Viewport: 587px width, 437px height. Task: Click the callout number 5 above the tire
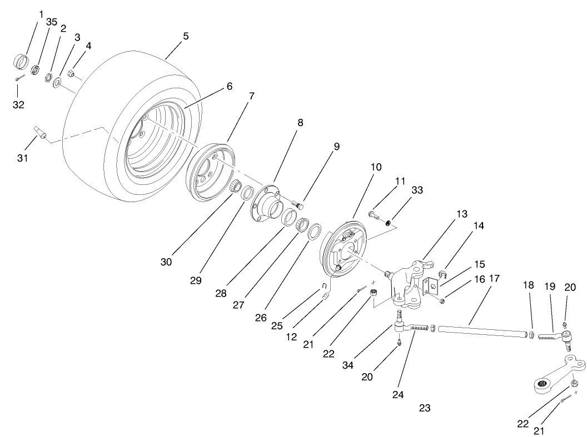coord(186,36)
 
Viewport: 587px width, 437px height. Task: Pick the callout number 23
coord(424,408)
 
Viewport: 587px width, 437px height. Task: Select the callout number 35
coord(51,22)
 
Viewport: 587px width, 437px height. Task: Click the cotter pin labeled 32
coord(19,78)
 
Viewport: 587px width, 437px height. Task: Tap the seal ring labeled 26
coord(315,230)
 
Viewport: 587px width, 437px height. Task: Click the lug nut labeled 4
coord(71,73)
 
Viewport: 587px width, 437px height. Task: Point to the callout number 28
coord(221,293)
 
